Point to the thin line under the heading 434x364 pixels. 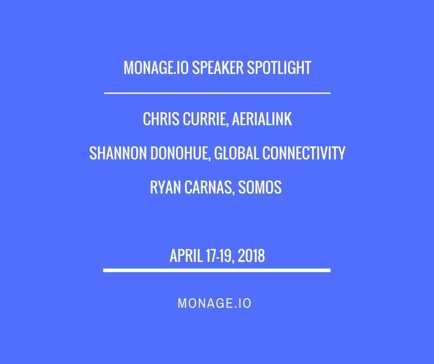(x=217, y=93)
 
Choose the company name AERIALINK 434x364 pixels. (x=262, y=119)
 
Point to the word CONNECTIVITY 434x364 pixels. (x=304, y=153)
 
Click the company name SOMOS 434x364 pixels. (x=261, y=188)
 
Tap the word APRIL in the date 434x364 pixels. (x=186, y=256)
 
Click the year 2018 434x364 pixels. (x=252, y=256)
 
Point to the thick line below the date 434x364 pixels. (x=217, y=270)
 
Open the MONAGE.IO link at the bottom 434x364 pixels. (x=215, y=303)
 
